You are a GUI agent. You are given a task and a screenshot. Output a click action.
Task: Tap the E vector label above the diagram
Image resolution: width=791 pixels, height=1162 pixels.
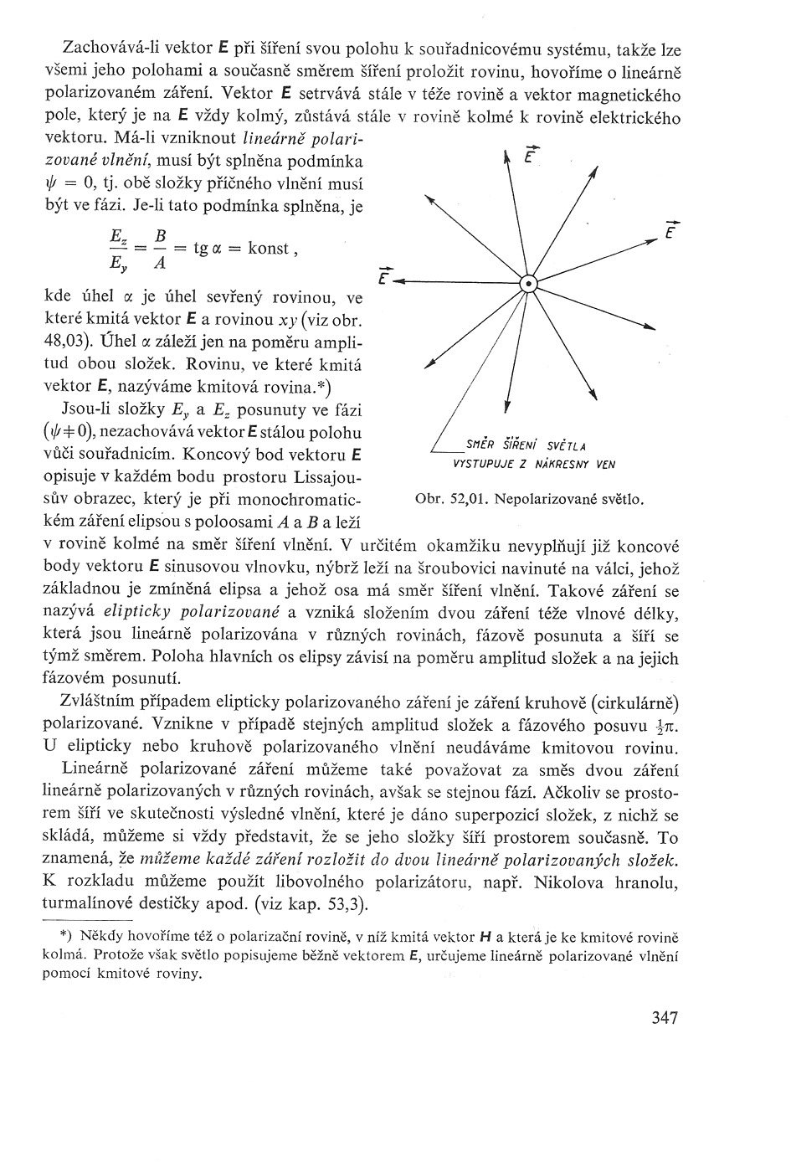[529, 156]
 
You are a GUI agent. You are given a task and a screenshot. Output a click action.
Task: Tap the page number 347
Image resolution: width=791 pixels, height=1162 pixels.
[662, 1018]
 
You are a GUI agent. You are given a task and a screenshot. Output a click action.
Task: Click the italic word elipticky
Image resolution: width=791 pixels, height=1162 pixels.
[108, 613]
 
